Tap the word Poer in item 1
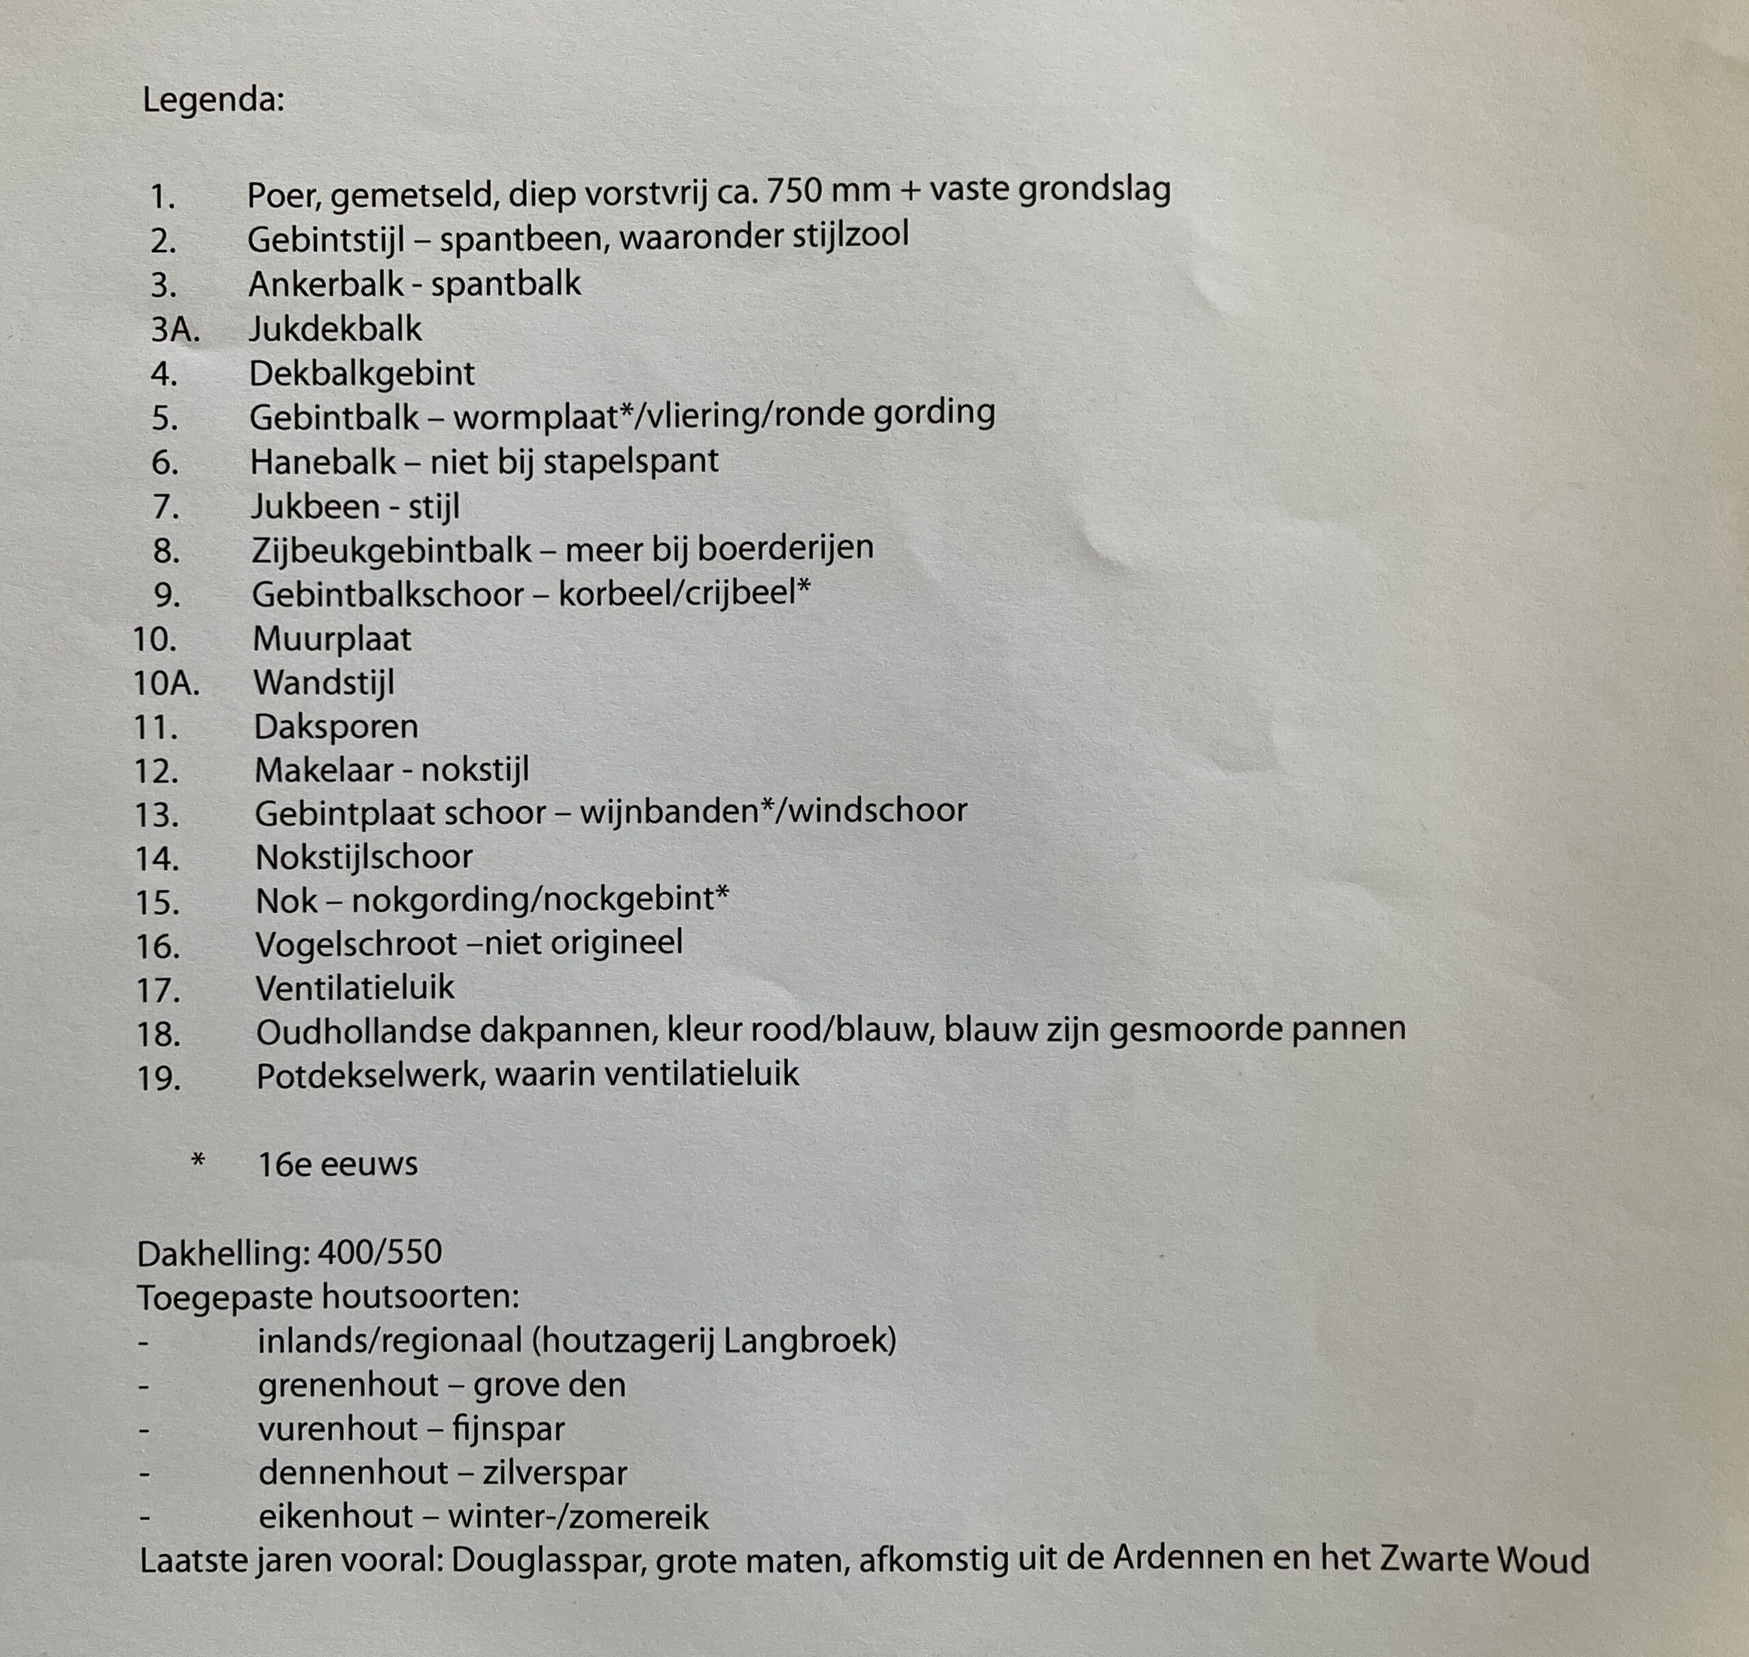(x=283, y=194)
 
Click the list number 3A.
(x=175, y=329)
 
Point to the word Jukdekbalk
(x=335, y=329)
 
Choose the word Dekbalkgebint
(x=362, y=374)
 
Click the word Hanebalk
(x=323, y=462)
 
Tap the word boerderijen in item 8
(x=784, y=547)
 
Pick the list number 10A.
(x=166, y=683)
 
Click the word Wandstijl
(x=325, y=683)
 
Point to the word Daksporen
(x=335, y=726)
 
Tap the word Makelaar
(x=322, y=770)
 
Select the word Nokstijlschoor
(x=364, y=857)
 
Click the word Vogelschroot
(x=356, y=944)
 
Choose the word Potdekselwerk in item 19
(x=368, y=1076)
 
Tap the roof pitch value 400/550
(x=380, y=1252)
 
